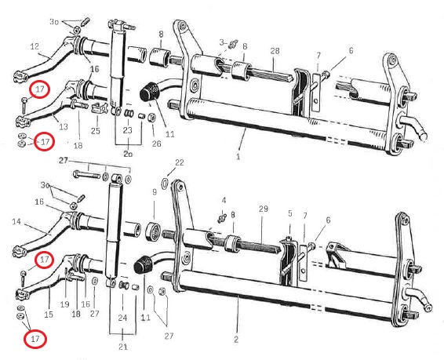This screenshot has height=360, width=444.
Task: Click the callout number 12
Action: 35,46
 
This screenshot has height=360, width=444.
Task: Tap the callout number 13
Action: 64,126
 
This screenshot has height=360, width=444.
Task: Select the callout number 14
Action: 16,221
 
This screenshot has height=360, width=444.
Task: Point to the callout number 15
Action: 49,315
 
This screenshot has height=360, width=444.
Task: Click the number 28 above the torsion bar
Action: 275,51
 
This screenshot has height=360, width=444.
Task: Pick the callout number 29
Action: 264,209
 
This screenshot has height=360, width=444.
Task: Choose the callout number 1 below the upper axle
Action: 238,157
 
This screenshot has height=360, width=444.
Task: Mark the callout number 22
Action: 180,162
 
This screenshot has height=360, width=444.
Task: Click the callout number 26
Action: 156,144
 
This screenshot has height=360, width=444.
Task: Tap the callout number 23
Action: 127,130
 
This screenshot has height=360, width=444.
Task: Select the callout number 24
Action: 122,318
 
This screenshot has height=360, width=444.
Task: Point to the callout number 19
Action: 64,304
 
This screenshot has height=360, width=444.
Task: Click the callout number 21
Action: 123,347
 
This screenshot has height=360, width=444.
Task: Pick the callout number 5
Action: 290,213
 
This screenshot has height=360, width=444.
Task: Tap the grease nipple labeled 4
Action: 223,218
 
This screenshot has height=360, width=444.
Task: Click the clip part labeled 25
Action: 97,108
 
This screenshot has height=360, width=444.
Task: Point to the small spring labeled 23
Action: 129,113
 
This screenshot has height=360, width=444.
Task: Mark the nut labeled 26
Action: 151,118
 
